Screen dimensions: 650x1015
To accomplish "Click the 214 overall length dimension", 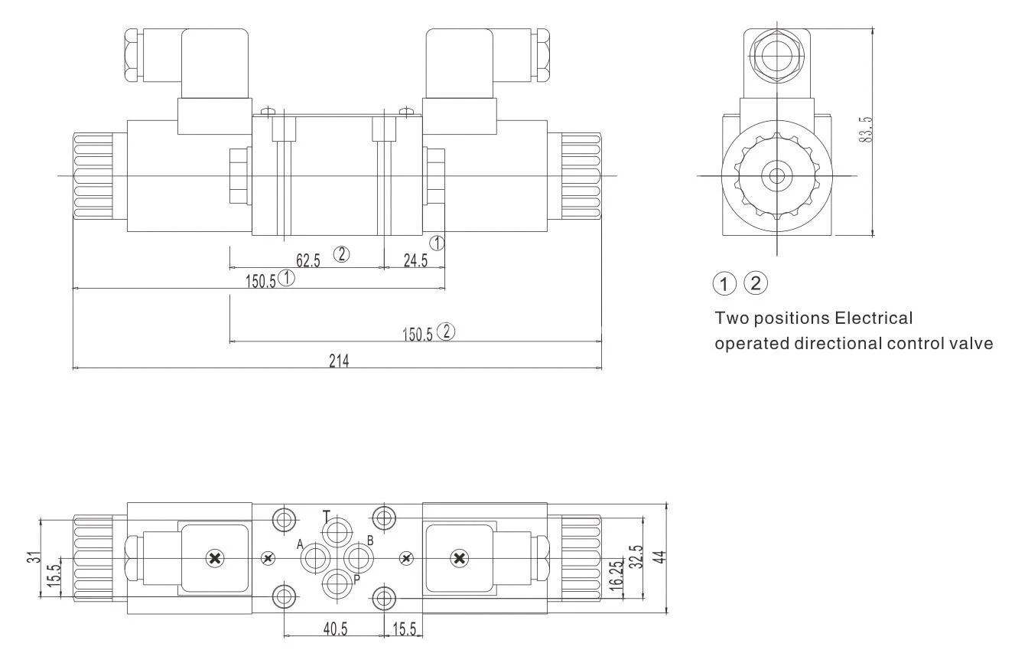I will tap(339, 361).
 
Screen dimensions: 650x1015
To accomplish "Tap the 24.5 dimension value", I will tap(415, 260).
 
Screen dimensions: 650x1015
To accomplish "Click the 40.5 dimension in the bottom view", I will tap(334, 629).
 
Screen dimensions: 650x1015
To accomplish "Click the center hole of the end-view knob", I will tap(777, 175).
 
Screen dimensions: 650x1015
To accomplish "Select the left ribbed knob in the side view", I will tap(93, 175).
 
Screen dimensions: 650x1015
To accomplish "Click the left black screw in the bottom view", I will tap(215, 559).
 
